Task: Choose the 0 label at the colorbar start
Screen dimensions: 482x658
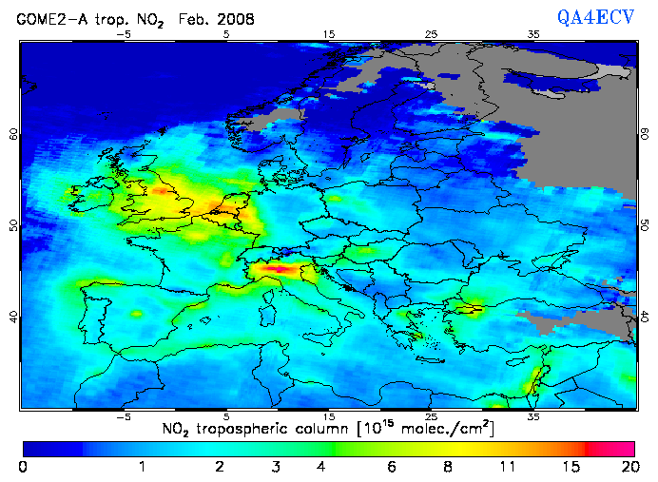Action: pyautogui.click(x=23, y=468)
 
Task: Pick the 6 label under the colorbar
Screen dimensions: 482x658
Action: pyautogui.click(x=391, y=468)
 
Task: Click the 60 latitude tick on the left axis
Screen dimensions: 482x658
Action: pyautogui.click(x=13, y=134)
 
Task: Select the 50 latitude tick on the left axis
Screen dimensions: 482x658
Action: pyautogui.click(x=13, y=225)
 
